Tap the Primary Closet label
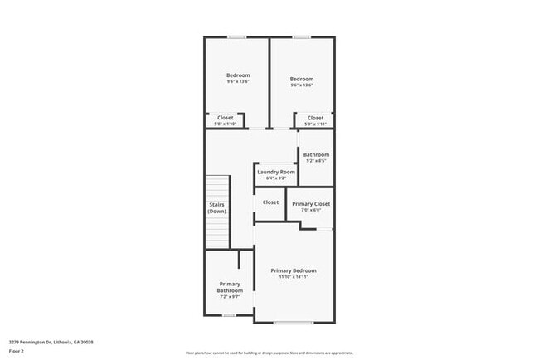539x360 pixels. (311, 203)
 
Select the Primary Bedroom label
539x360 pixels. (294, 270)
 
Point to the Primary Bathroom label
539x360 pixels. (230, 287)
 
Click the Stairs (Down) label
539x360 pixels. (216, 207)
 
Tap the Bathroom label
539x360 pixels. (316, 154)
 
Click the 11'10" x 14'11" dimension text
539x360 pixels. (294, 277)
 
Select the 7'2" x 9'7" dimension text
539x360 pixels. (230, 297)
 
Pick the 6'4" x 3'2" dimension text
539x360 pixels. (276, 178)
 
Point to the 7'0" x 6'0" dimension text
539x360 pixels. (311, 210)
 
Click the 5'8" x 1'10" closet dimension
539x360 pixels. (226, 124)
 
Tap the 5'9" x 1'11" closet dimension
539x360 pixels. (316, 124)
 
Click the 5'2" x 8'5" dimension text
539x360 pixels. (316, 161)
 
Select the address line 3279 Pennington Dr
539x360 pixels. (51, 342)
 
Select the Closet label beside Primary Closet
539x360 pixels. (270, 202)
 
